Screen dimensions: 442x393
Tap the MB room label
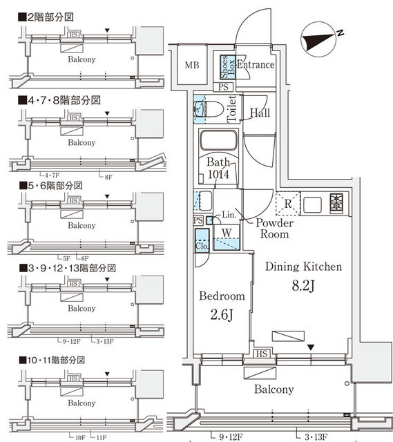tap(192, 66)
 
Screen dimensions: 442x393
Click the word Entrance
tap(256, 65)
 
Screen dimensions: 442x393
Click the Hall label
tap(260, 113)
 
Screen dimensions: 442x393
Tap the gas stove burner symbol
tap(336, 204)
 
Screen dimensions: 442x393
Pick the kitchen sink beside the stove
tap(310, 204)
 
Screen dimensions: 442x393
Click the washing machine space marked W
tap(226, 231)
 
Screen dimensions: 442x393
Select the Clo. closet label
tap(202, 244)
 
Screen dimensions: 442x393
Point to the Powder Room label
tap(275, 229)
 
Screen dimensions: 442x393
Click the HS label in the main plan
tap(262, 354)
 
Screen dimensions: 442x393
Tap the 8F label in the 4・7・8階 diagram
tap(108, 177)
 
